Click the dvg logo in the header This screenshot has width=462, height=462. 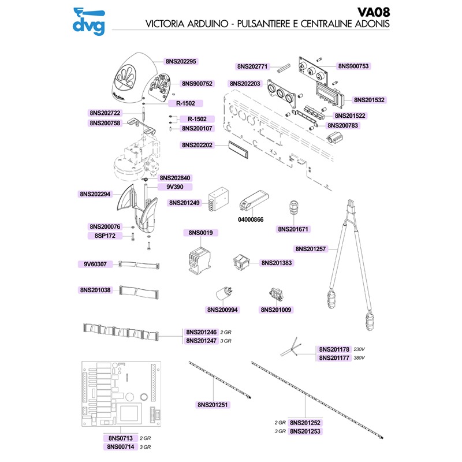pos(87,20)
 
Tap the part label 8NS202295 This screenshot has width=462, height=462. pos(181,61)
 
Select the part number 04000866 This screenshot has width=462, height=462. pos(250,220)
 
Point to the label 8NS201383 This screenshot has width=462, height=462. pos(277,263)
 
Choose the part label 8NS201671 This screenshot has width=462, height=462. pos(294,229)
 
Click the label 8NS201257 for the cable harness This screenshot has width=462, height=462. pos(311,249)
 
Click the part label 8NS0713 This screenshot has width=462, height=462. pos(120,439)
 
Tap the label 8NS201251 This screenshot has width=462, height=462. pos(213,405)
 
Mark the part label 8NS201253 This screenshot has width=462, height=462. pos(305,431)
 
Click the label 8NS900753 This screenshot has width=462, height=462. pos(353,66)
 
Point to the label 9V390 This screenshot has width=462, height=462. pos(175,187)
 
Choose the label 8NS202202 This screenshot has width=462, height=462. pos(198,146)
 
